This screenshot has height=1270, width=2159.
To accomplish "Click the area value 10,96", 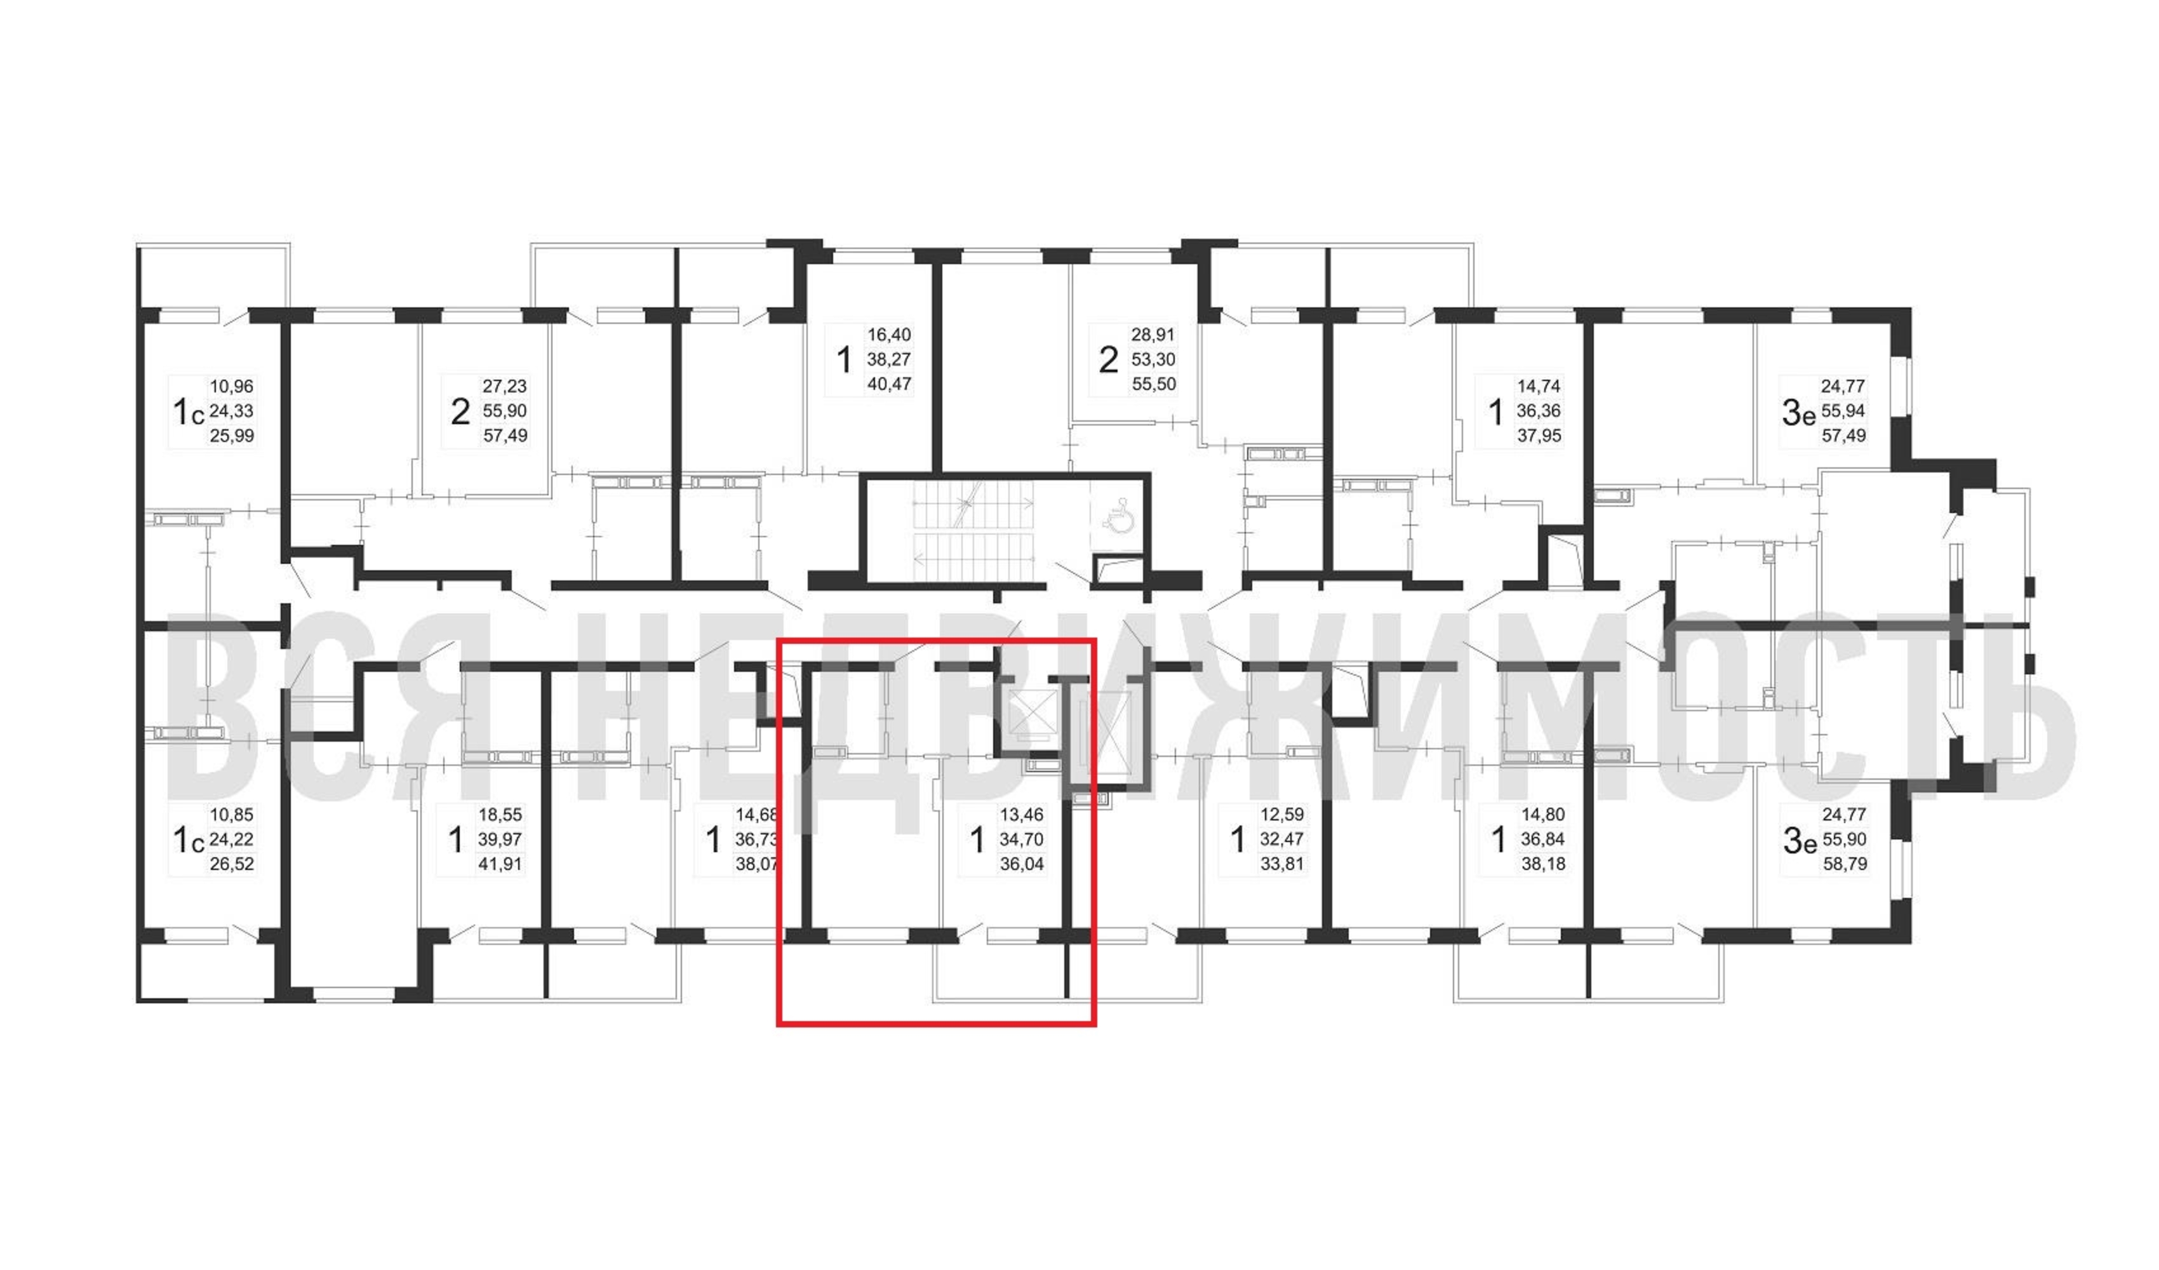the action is coord(232,387).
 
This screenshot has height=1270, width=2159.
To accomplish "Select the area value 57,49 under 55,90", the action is coord(505,436).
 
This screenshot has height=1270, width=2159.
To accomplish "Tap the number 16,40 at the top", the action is coord(889,335).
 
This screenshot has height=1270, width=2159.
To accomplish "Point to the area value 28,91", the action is coord(1153,335).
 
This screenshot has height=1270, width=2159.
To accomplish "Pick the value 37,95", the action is coord(1539,436).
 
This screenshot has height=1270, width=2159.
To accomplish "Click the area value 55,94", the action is coord(1843,411).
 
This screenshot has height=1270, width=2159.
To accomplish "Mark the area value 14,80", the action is coord(1543,815).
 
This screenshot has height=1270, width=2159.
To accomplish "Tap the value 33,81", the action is coord(1281,864).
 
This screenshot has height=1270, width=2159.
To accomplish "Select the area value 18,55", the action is coord(500,815).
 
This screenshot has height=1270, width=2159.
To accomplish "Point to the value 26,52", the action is coord(232,864).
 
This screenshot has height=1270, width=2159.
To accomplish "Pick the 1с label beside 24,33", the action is coord(189,413).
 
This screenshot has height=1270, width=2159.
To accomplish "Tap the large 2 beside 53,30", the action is coord(1109,360).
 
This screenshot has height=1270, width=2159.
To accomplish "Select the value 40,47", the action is coord(889,384).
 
